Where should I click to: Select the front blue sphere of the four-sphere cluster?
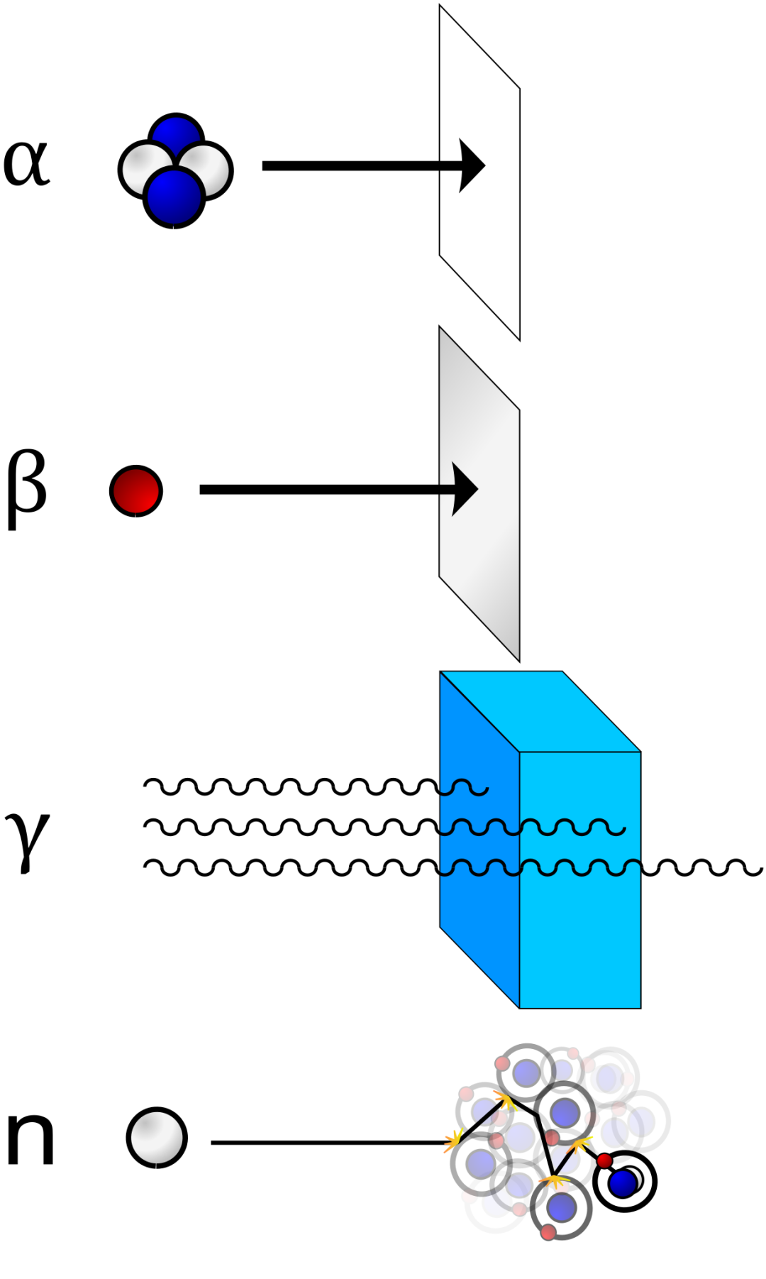174,197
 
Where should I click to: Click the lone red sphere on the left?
136,490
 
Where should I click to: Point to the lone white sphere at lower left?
157,1137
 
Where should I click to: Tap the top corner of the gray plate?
441,331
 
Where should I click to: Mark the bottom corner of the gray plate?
518,657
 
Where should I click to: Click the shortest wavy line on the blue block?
464,788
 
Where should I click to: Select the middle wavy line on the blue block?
532,828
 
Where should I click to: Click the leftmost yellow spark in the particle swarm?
452,1141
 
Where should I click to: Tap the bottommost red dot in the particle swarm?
548,1232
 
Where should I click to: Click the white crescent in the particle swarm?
635,1178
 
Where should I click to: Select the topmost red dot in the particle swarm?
573,1053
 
